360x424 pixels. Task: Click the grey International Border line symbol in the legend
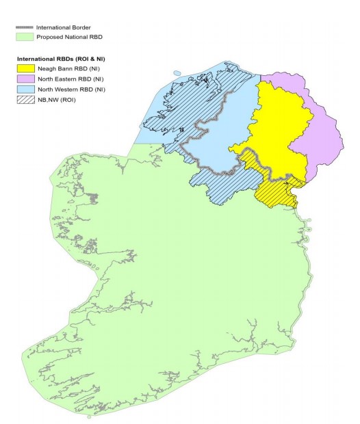point(25,27)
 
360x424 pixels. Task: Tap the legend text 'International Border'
point(66,27)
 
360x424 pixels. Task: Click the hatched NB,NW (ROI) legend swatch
point(27,100)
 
